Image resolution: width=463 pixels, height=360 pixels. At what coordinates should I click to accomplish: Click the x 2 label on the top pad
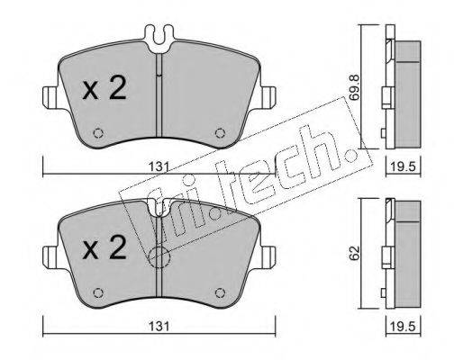(104, 87)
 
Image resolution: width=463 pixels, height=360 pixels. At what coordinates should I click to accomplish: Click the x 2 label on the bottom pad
(104, 247)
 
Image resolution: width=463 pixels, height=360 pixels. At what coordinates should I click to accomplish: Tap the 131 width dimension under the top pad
(159, 166)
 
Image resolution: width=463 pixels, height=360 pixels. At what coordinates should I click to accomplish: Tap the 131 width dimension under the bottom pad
(159, 326)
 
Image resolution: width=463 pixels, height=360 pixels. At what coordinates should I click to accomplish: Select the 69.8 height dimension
(355, 87)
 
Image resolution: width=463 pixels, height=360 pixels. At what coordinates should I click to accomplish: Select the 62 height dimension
(355, 254)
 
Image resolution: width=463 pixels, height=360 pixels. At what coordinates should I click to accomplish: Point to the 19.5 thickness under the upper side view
(403, 166)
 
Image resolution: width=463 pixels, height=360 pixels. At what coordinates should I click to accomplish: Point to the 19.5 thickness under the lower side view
(403, 326)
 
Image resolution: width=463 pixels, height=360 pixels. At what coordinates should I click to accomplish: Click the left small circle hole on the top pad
(98, 133)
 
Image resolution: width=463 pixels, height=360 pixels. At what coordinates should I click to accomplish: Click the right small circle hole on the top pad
(221, 133)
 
